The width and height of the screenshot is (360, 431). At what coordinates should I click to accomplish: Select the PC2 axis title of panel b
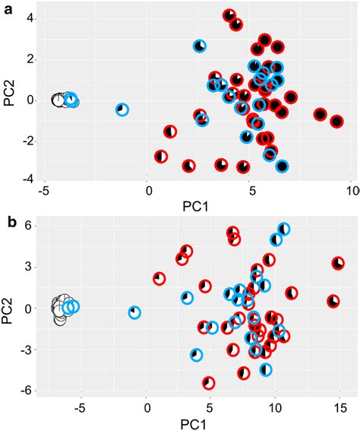10,308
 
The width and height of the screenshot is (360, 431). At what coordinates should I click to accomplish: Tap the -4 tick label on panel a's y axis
24,180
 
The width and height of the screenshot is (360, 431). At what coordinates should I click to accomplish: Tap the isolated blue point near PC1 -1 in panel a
122,109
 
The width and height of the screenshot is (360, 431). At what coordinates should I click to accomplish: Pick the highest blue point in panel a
200,46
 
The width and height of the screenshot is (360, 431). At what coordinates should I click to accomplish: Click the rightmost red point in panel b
338,264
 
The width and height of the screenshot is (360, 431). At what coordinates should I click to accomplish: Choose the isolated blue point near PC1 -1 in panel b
134,312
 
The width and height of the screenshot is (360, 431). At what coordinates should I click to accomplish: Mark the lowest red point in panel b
208,383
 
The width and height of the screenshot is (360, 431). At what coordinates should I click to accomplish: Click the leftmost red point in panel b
159,279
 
